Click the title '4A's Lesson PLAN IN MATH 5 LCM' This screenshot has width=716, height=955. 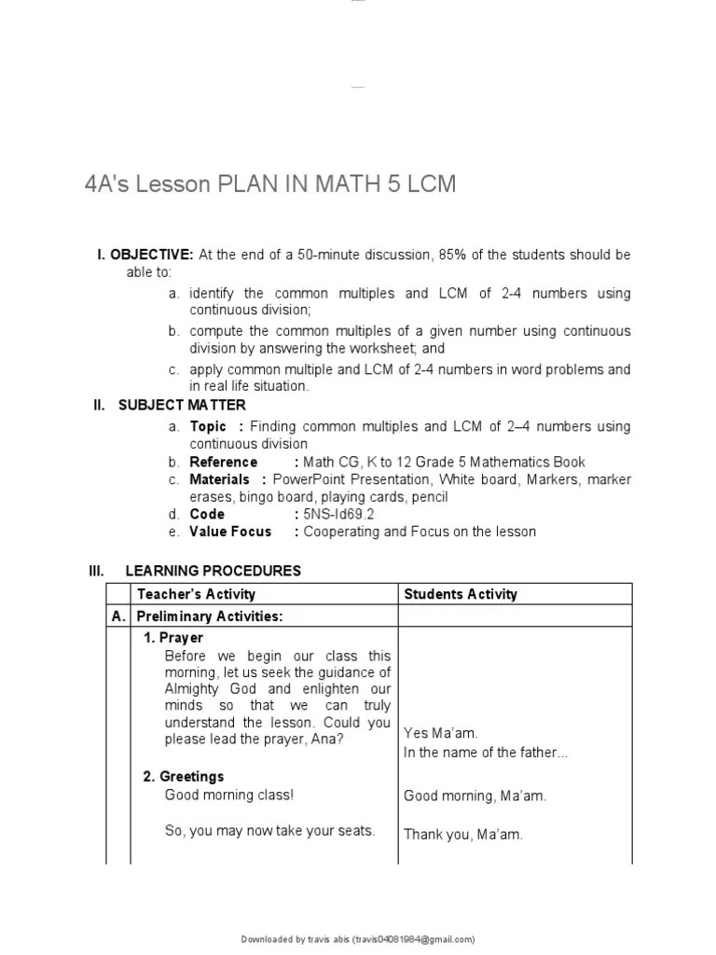pyautogui.click(x=270, y=184)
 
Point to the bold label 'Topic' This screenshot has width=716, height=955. pyautogui.click(x=209, y=426)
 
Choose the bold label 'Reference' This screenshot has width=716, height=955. pyautogui.click(x=224, y=462)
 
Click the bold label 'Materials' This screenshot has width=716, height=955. pyautogui.click(x=220, y=479)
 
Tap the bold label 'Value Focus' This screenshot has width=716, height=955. pyautogui.click(x=230, y=532)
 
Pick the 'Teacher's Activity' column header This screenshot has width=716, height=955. pyautogui.click(x=196, y=594)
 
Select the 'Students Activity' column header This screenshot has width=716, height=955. pyautogui.click(x=461, y=594)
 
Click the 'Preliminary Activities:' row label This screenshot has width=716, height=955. pyautogui.click(x=210, y=616)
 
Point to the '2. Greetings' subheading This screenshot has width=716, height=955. pyautogui.click(x=184, y=776)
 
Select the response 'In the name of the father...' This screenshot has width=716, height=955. pyautogui.click(x=486, y=752)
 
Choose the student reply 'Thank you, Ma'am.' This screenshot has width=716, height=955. pyautogui.click(x=463, y=835)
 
